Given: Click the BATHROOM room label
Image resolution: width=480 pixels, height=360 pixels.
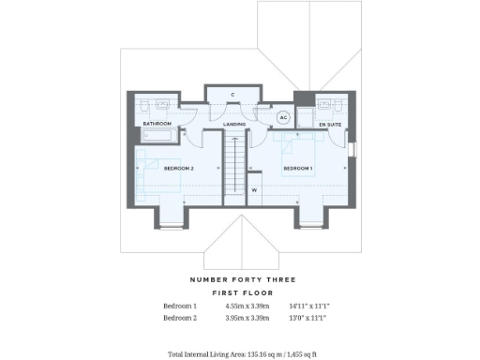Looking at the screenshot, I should point(157,124).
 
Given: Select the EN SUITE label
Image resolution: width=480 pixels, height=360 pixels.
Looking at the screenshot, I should point(330,124).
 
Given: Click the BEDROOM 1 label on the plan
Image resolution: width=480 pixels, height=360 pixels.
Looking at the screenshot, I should point(297,169).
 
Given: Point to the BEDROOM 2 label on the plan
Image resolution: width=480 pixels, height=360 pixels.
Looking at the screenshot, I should point(178,169).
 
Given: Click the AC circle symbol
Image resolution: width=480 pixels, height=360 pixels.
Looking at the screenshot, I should point(284,118).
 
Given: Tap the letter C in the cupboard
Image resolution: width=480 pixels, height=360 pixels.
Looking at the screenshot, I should point(231,95).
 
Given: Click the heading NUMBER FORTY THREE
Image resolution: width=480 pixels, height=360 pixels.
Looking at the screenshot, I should point(243,279).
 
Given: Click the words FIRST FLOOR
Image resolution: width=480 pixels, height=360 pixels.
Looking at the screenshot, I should point(243,293).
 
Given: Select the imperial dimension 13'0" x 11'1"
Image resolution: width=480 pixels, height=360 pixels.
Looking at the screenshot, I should point(307,319).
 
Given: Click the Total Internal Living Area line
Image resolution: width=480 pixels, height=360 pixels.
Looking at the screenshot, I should point(242,355).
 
